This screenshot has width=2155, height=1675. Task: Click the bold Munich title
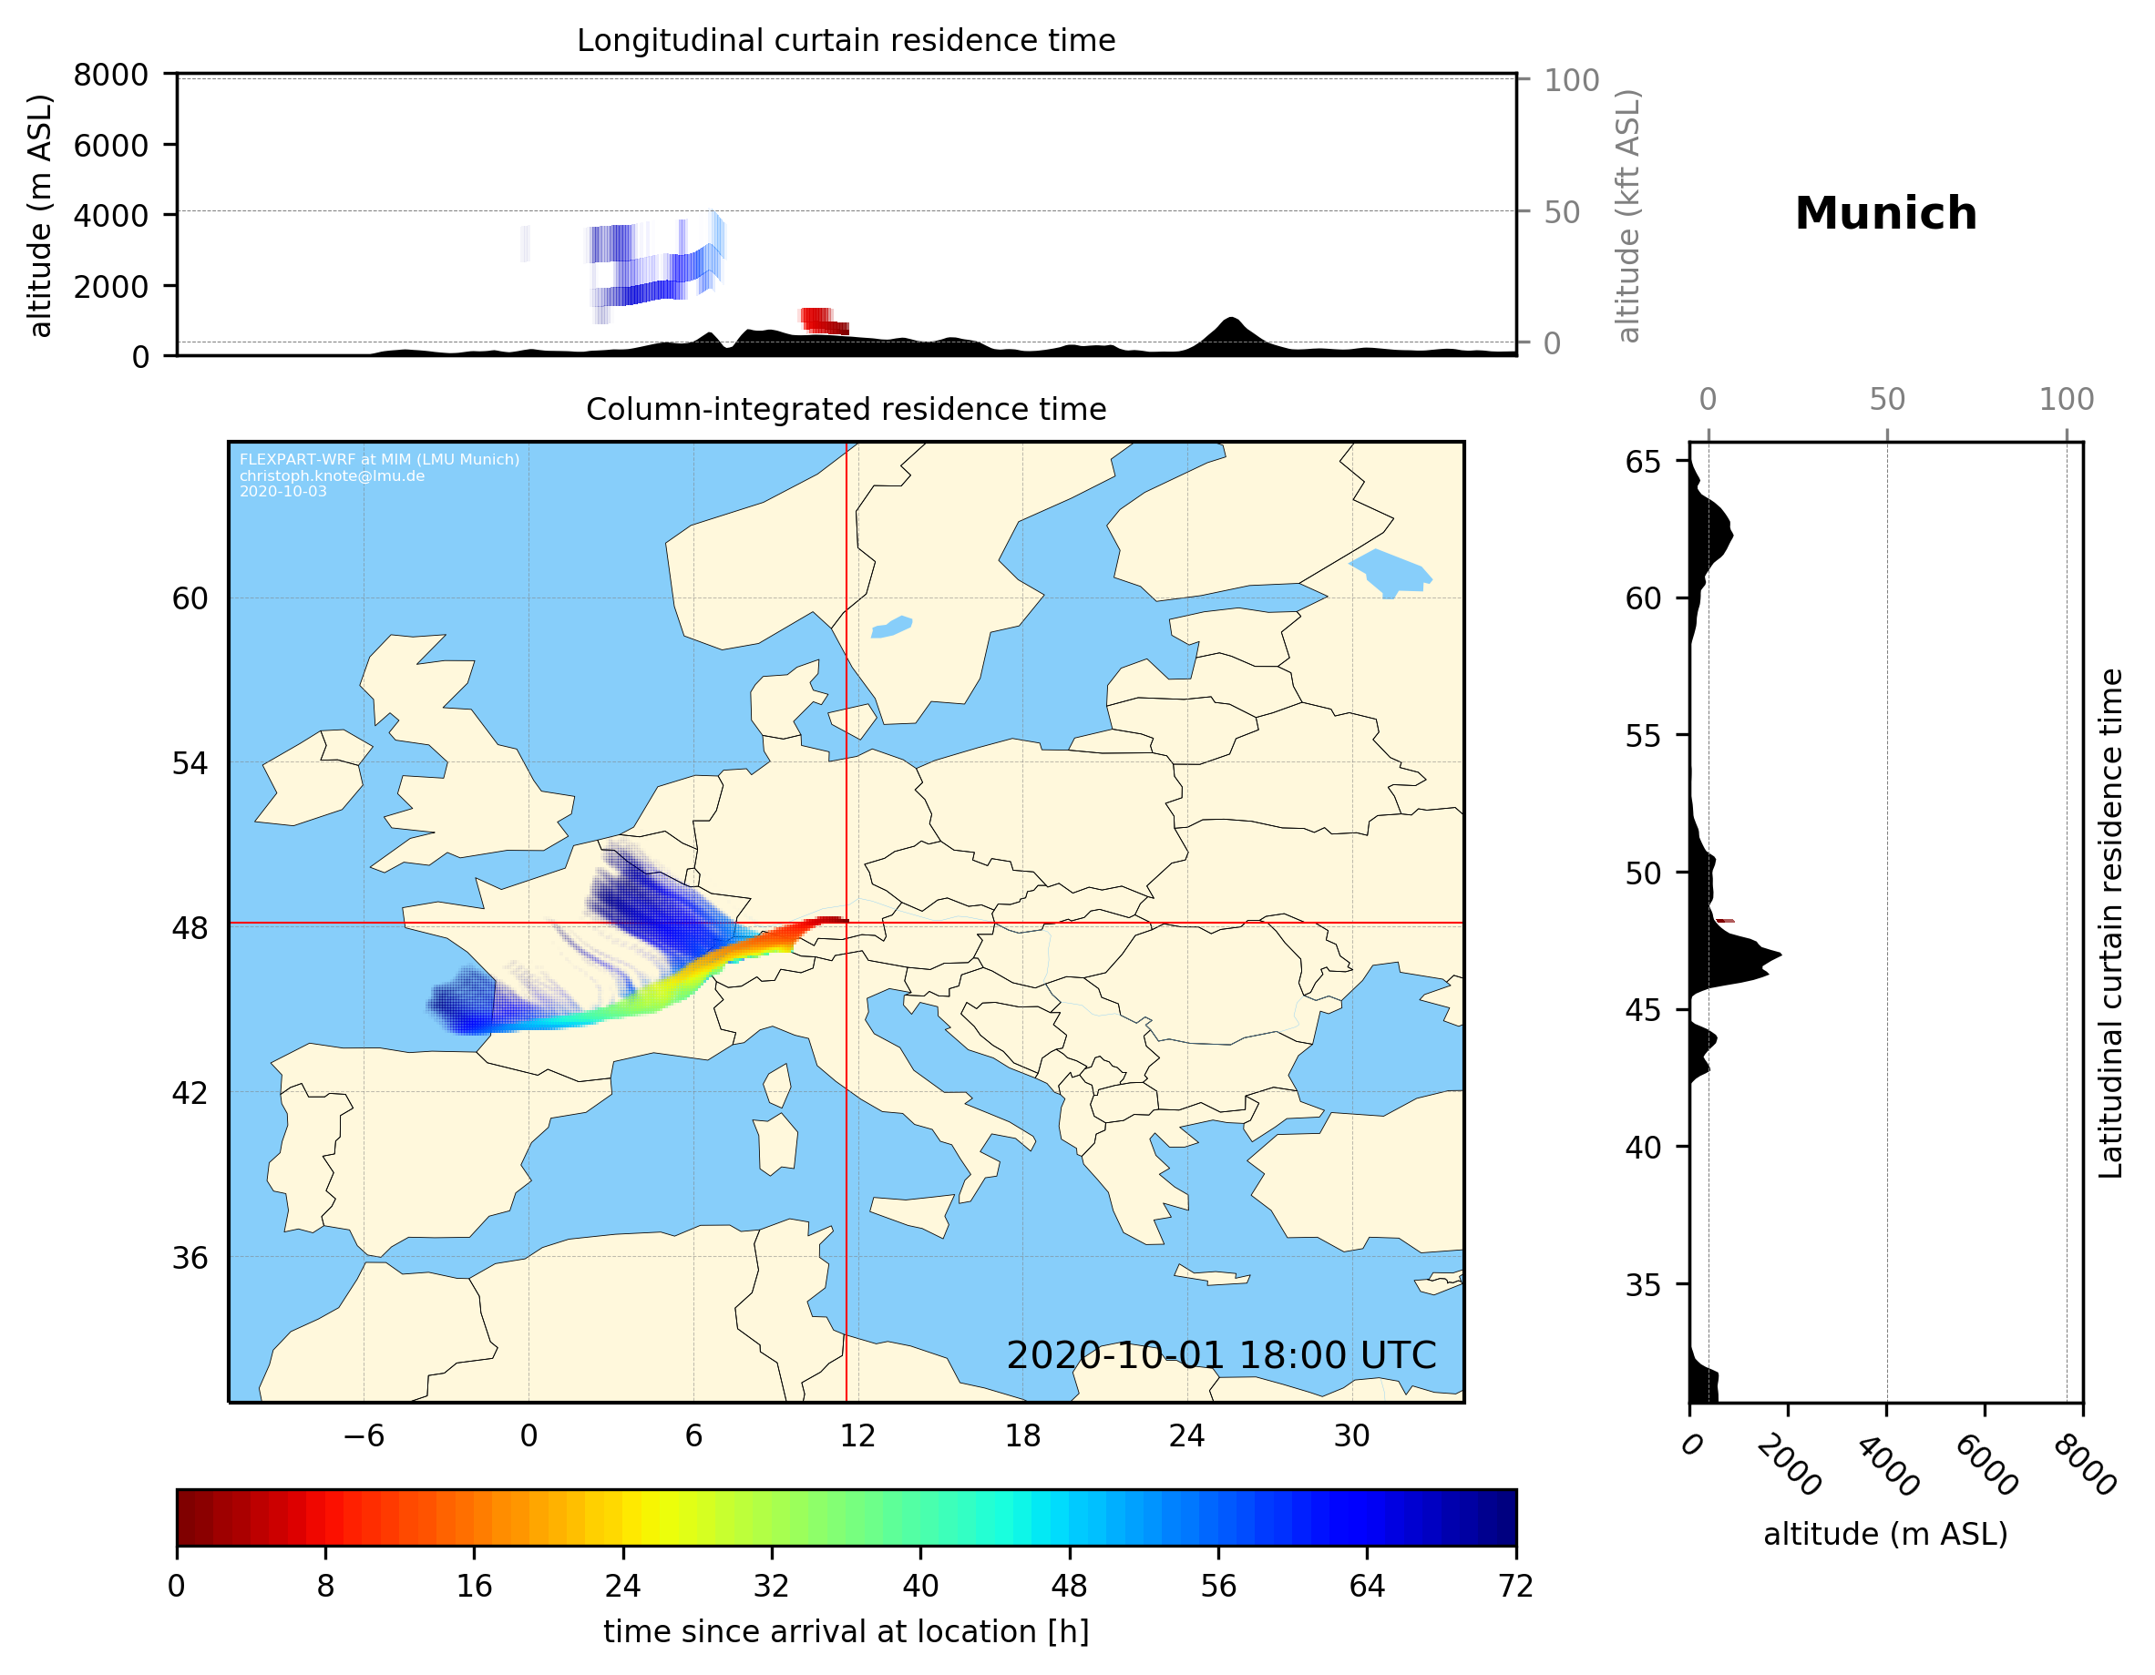(1884, 214)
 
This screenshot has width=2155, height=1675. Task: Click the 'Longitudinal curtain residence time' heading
(846, 40)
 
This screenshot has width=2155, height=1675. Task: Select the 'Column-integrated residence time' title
(846, 409)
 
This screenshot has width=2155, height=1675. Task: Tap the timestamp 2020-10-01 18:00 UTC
(1221, 1355)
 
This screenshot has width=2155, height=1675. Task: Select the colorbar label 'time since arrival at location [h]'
(846, 1631)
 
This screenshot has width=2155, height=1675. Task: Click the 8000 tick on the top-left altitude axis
(110, 75)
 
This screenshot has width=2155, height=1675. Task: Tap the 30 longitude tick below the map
(1350, 1435)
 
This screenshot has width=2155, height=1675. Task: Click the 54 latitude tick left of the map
(190, 763)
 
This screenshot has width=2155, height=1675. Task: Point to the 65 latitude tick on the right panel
(1643, 462)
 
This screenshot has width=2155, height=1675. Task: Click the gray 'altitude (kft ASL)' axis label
(1627, 216)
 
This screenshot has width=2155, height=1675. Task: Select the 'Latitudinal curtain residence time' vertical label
(2109, 924)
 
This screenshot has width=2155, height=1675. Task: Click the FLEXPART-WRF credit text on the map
(379, 460)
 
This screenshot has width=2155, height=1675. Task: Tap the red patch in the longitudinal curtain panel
(822, 321)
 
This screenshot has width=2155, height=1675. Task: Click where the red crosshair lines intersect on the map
(847, 924)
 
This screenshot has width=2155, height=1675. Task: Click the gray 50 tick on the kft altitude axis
(1561, 212)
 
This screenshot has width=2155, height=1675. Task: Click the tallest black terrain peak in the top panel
(1229, 322)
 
